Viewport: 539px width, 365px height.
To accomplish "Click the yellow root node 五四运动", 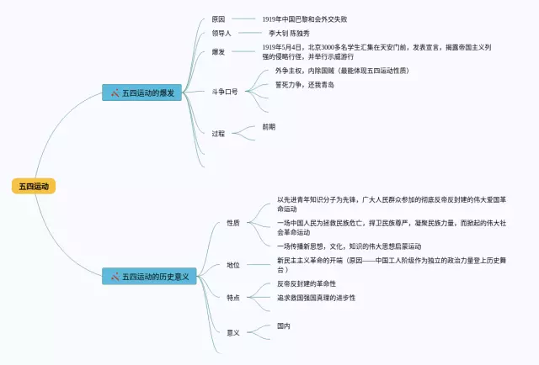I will pyautogui.click(x=34, y=186).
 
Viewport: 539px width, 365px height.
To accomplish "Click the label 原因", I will pyautogui.click(x=218, y=19).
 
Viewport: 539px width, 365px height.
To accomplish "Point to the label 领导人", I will pyautogui.click(x=221, y=34).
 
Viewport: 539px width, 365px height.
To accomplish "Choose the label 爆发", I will pyautogui.click(x=218, y=52).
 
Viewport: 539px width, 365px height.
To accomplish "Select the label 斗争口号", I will pyautogui.click(x=225, y=91).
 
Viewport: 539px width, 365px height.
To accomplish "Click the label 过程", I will pyautogui.click(x=218, y=133).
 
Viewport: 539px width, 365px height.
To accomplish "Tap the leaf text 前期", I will pyautogui.click(x=268, y=127).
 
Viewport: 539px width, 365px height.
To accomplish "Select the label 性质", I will pyautogui.click(x=233, y=223).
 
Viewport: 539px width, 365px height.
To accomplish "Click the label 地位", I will pyautogui.click(x=233, y=265).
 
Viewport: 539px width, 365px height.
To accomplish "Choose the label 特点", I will pyautogui.click(x=233, y=297).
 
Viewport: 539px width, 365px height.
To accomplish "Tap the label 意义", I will pyautogui.click(x=233, y=332).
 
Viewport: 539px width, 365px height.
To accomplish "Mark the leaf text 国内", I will pyautogui.click(x=284, y=325).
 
